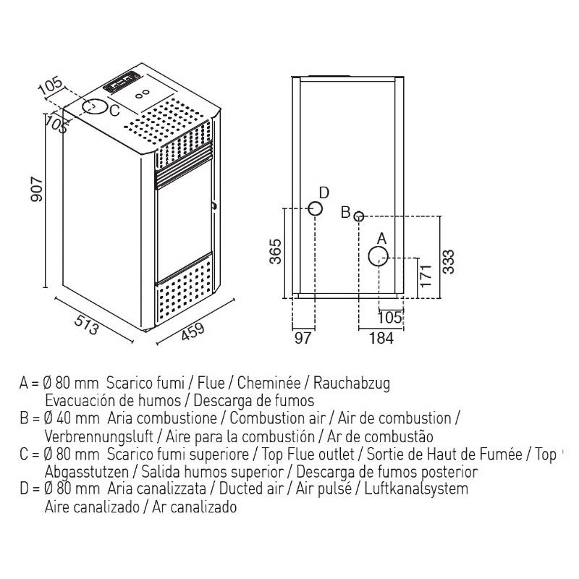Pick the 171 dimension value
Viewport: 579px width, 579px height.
point(426,276)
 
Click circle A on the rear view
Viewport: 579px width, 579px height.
point(378,255)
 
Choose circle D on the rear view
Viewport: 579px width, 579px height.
point(316,209)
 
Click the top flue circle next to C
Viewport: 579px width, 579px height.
point(91,106)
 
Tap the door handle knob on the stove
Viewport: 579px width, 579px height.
point(214,207)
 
